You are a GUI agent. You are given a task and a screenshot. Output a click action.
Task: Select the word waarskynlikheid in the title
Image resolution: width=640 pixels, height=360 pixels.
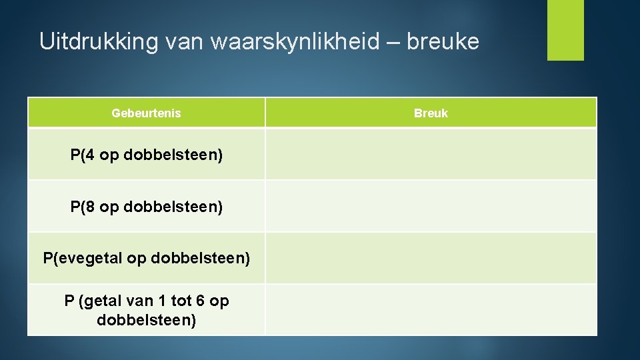[x=293, y=42]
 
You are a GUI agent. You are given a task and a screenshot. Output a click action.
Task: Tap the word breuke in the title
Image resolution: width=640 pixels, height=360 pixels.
[x=443, y=42]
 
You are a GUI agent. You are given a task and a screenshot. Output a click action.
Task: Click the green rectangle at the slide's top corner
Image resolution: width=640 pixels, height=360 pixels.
[x=565, y=29]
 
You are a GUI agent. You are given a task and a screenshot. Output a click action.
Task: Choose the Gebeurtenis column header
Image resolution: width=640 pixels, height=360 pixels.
[x=146, y=113]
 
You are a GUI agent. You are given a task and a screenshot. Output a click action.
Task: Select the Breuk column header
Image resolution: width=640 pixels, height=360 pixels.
[x=431, y=113]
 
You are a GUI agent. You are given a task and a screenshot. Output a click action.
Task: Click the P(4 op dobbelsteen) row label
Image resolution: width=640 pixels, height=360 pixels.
[x=146, y=155]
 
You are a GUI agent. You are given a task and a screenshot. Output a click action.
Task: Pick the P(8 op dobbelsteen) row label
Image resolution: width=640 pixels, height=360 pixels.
[x=146, y=207]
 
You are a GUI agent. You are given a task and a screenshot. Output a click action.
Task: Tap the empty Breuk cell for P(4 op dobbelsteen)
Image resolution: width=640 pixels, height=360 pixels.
[x=431, y=155]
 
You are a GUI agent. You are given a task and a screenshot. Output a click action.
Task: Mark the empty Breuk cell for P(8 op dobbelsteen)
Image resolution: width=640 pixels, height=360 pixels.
[x=431, y=207]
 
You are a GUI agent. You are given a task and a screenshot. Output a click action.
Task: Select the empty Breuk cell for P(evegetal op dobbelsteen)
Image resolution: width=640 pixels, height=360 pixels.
[x=431, y=258]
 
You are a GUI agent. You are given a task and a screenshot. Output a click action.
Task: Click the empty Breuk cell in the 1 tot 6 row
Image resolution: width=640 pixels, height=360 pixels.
[x=431, y=310]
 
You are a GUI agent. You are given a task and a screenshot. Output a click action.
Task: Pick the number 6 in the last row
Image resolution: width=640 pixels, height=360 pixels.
[x=199, y=301]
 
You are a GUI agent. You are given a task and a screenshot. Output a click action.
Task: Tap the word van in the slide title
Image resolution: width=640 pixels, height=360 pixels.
[x=185, y=42]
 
